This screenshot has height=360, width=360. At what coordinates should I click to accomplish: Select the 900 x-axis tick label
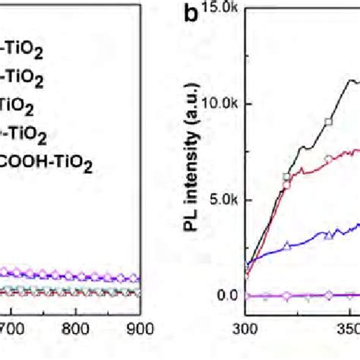[141, 330]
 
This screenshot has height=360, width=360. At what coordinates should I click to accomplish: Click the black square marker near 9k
[329, 122]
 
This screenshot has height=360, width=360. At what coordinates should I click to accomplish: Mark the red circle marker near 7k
[327, 158]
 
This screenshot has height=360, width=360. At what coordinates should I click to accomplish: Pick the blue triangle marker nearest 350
[328, 236]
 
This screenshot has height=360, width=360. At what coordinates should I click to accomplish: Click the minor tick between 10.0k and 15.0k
[248, 55]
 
